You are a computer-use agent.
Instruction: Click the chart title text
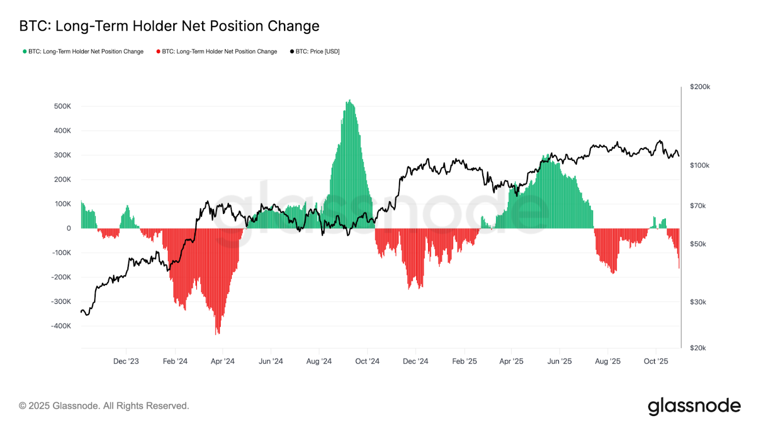tap(169, 26)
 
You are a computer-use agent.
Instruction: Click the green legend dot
tap(25, 51)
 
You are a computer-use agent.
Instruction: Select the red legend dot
tap(158, 51)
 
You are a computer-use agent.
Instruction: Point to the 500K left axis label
tap(62, 106)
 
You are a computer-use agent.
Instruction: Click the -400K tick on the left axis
tap(61, 326)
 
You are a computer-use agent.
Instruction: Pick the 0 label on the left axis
tap(68, 228)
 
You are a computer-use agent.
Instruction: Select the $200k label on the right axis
tap(700, 87)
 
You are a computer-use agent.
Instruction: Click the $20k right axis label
tap(698, 348)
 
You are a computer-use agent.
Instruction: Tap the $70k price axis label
tap(698, 205)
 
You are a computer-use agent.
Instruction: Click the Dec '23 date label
tap(126, 361)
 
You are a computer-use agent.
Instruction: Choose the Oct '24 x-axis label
tap(367, 361)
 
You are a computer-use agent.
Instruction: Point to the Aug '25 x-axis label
tap(607, 361)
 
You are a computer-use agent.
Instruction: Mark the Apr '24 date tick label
tap(223, 361)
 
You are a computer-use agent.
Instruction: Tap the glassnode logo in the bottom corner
tap(694, 406)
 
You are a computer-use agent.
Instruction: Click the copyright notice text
tap(104, 406)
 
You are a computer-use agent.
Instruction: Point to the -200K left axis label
tap(61, 277)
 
